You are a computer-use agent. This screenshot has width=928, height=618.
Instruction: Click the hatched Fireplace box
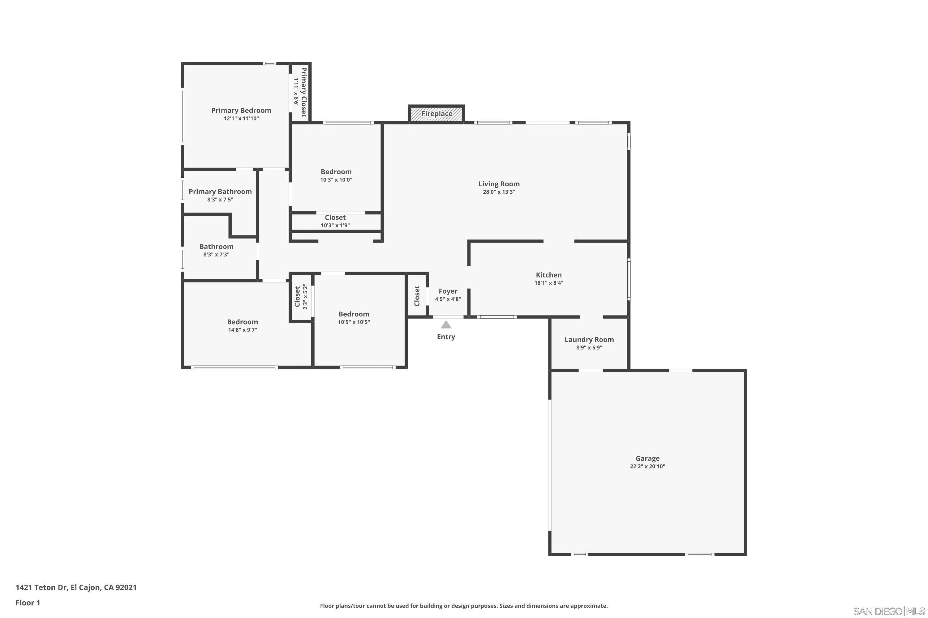tap(436, 114)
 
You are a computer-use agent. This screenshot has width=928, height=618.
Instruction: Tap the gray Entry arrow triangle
tap(446, 325)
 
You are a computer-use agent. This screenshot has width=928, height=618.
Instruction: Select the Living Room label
tap(499, 184)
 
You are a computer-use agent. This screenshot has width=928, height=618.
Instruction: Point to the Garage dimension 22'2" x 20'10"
tap(647, 466)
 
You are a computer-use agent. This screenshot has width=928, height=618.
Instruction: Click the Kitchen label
tap(548, 275)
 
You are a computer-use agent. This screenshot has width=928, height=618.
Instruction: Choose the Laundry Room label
tap(589, 340)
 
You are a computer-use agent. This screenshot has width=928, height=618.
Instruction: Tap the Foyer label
tap(448, 291)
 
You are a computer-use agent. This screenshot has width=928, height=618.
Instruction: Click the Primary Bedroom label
tap(241, 111)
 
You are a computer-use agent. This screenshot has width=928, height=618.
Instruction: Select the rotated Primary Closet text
tap(303, 92)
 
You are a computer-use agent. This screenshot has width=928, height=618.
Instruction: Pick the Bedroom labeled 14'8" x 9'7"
tap(242, 322)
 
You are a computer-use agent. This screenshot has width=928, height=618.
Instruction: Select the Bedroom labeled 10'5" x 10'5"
tap(354, 314)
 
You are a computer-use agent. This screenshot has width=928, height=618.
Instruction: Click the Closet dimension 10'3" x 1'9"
tap(335, 226)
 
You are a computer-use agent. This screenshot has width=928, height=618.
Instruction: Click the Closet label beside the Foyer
tap(417, 296)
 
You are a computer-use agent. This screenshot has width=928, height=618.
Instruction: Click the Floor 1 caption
tap(28, 603)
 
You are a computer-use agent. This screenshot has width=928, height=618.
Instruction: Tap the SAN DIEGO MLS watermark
tap(889, 611)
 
